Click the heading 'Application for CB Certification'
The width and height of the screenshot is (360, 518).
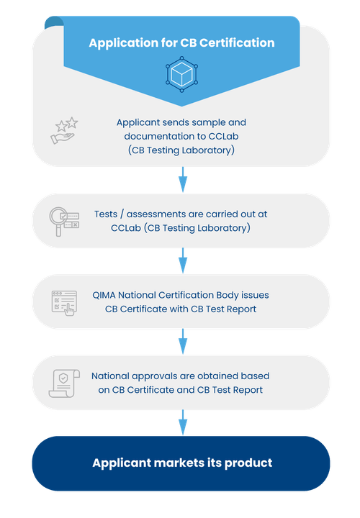tap(181, 43)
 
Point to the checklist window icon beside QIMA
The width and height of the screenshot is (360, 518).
tap(63, 302)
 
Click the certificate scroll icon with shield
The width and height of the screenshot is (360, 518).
tap(62, 383)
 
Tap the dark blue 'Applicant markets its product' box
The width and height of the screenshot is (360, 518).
tap(181, 463)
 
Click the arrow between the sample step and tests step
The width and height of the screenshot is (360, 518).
tap(183, 178)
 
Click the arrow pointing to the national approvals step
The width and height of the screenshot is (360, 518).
tap(183, 340)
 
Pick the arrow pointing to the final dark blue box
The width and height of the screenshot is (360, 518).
tap(183, 420)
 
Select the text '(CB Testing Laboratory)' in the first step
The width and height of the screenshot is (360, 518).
tap(181, 150)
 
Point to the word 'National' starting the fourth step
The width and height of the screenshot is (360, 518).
tap(111, 376)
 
